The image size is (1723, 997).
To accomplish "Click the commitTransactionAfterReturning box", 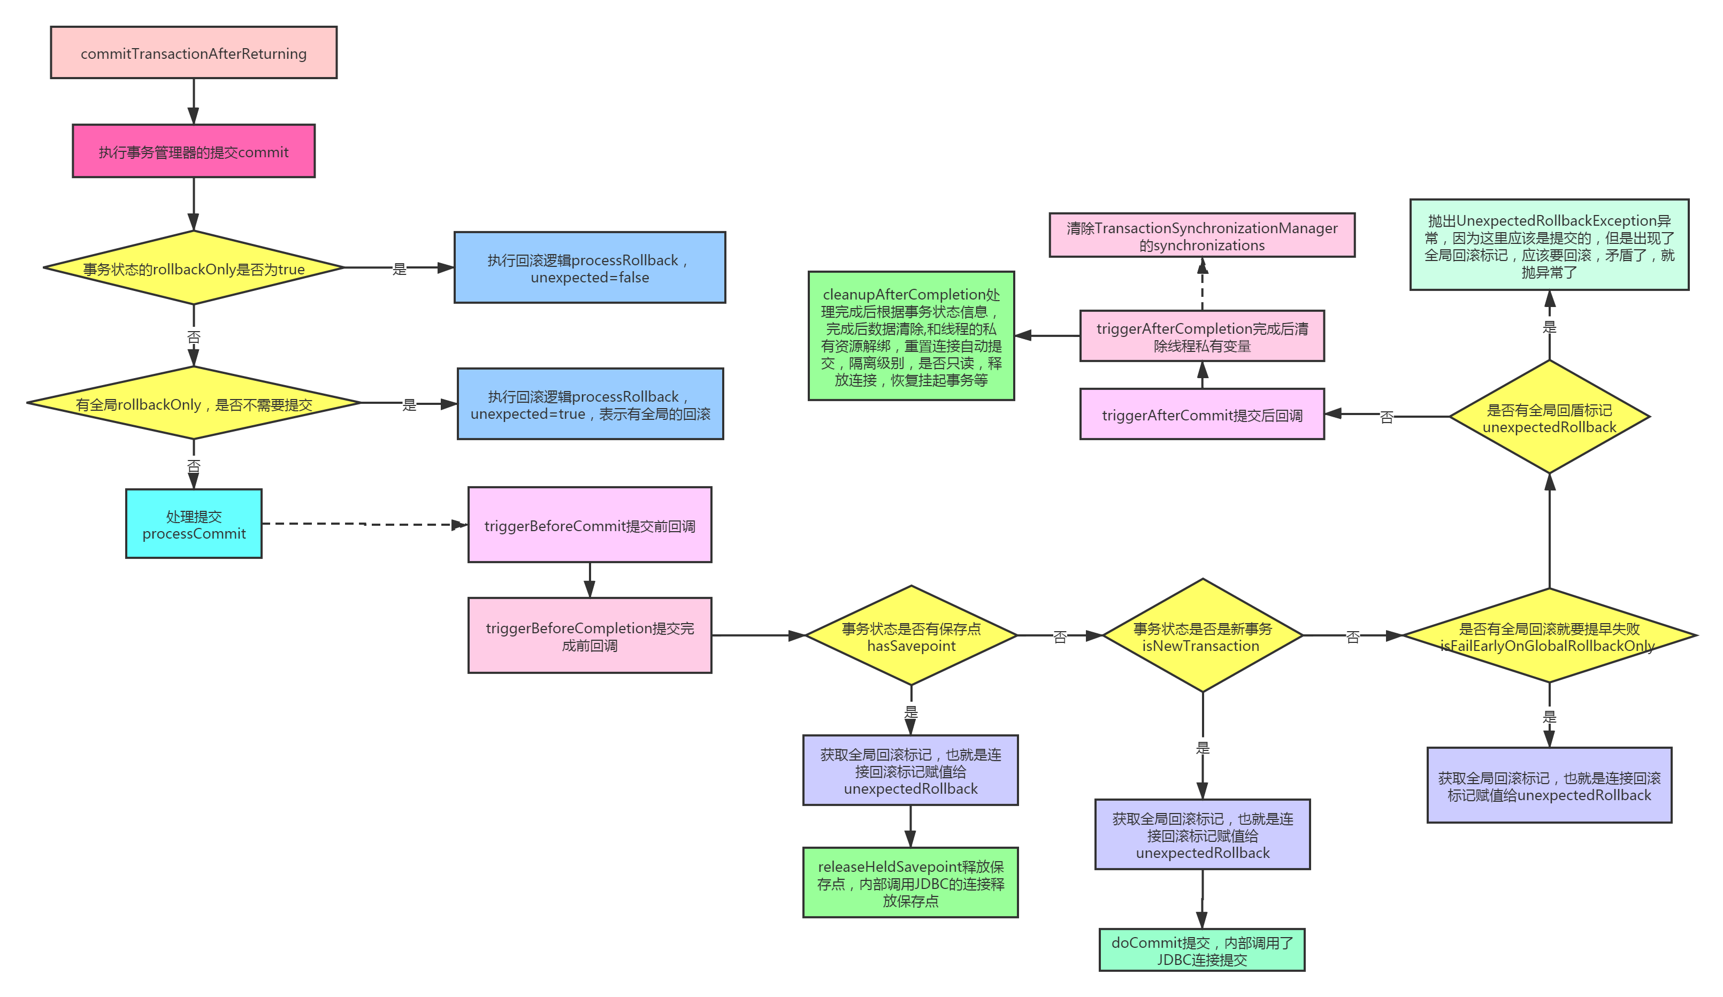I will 194,53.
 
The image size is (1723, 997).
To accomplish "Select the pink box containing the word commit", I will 194,151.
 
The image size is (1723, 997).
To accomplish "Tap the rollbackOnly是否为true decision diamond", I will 194,268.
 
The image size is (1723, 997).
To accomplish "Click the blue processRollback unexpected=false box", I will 589,267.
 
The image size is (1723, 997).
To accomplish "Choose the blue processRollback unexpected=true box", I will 590,404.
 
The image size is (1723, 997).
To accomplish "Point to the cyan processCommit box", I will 194,524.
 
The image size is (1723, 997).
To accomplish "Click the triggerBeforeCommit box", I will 589,525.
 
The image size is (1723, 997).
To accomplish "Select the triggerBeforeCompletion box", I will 589,635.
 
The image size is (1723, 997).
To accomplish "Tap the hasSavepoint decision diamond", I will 911,636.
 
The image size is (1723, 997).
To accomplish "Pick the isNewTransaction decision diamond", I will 1202,636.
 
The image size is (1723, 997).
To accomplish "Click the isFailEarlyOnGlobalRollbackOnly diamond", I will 1549,636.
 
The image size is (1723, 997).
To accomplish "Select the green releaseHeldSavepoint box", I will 910,882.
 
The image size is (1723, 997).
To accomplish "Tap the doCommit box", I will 1201,950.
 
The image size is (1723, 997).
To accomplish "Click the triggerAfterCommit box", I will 1201,415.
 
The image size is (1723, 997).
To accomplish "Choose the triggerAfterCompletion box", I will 1201,336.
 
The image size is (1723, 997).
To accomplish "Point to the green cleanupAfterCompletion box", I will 911,336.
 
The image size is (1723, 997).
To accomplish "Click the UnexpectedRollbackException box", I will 1549,245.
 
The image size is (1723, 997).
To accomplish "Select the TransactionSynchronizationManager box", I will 1201,235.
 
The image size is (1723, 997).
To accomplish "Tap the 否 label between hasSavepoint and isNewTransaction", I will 1060,636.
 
